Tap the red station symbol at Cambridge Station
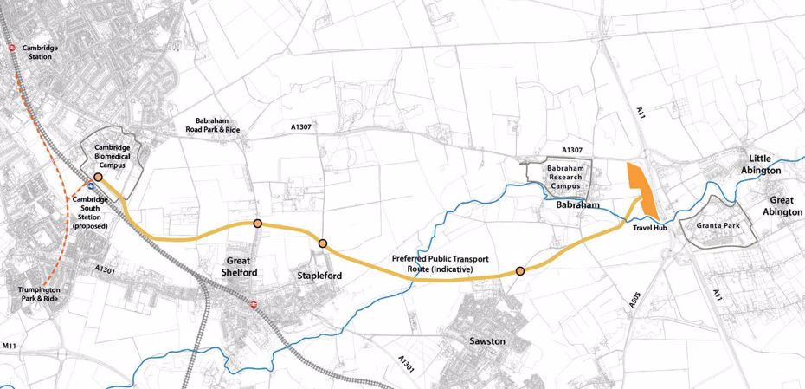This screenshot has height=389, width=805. [11, 48]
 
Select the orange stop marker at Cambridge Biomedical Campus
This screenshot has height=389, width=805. [98, 177]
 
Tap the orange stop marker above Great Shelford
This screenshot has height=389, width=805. [258, 224]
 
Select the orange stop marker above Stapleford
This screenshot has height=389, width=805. [322, 244]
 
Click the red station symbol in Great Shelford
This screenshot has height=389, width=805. [253, 304]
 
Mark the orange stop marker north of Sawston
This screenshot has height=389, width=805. [519, 271]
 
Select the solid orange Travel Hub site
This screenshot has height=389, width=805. [641, 185]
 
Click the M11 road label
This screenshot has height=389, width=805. [10, 346]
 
